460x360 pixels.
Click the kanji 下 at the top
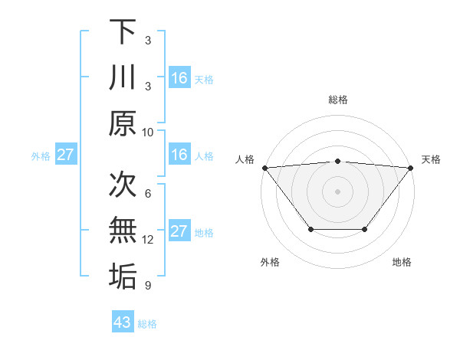123,31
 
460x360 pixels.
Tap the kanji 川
123,78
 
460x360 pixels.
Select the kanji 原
123,124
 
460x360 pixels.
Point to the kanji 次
123,184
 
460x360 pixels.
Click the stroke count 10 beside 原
148,132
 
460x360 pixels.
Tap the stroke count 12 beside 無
148,240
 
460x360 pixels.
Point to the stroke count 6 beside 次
147,193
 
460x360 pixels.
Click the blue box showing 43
123,322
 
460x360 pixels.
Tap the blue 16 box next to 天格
179,78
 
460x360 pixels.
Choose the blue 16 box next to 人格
179,155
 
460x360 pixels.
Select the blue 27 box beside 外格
65,155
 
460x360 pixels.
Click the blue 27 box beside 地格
179,231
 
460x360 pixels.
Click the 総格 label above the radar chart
337,100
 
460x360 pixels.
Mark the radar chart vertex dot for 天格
411,167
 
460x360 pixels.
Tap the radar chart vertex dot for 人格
264,167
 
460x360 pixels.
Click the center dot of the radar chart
337,191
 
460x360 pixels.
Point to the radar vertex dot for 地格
365,229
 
